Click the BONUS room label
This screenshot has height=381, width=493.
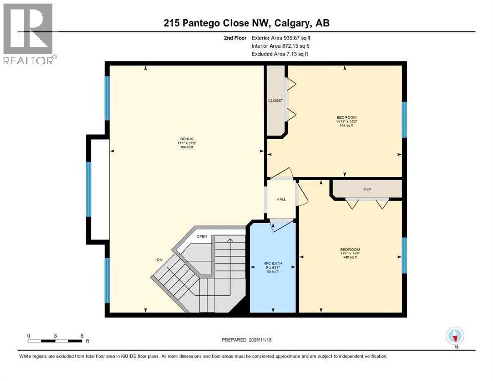click(x=186, y=139)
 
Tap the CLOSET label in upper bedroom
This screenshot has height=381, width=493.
click(x=275, y=100)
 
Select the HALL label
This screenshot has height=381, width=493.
click(x=281, y=199)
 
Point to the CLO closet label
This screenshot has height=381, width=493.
click(x=367, y=189)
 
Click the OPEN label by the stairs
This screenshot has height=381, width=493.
click(x=201, y=236)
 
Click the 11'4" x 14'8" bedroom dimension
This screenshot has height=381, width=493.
click(x=350, y=253)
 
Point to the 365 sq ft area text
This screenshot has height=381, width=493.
click(x=186, y=147)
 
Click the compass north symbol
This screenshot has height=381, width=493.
click(x=455, y=336)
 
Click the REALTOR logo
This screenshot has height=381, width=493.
click(x=29, y=34)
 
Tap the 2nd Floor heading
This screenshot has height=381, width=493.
click(x=234, y=38)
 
